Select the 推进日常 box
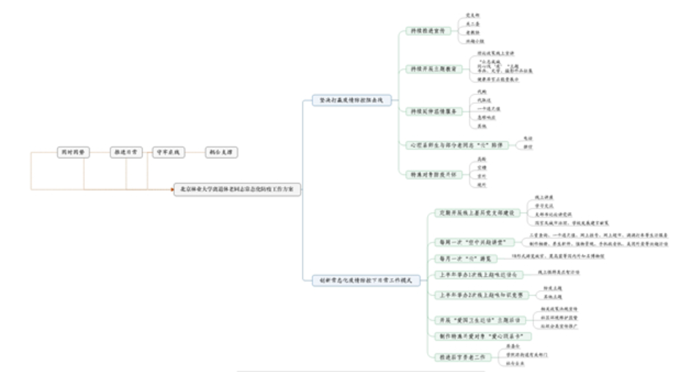click(x=125, y=153)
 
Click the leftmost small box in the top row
click(x=74, y=153)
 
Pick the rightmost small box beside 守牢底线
click(x=222, y=153)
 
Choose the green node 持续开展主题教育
click(x=436, y=70)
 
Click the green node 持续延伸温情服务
click(x=436, y=111)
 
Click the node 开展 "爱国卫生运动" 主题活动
click(x=468, y=321)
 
